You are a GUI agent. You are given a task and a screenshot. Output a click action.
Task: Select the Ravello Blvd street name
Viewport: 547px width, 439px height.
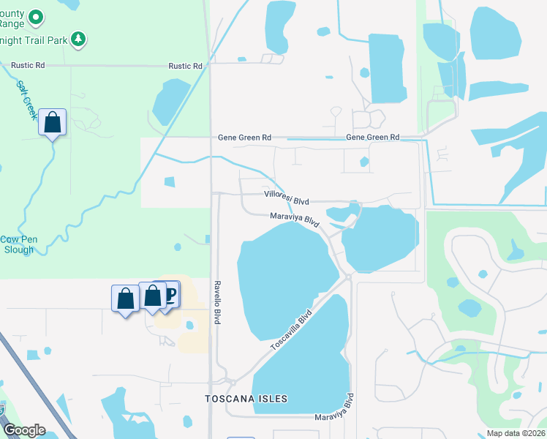pos(217,303)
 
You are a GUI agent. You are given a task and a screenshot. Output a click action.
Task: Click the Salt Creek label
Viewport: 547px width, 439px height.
pos(23,95)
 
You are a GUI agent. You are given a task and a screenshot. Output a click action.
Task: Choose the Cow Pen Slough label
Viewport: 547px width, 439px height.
pos(17,244)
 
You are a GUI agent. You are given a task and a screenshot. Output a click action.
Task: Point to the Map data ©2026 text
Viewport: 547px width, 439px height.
pos(516,433)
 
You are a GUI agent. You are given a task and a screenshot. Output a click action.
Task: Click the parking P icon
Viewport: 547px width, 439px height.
pos(170,294)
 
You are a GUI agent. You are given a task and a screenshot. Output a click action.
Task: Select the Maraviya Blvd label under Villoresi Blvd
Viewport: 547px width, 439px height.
pos(295,218)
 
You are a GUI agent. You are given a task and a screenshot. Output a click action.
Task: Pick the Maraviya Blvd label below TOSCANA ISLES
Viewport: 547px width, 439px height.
pos(335,410)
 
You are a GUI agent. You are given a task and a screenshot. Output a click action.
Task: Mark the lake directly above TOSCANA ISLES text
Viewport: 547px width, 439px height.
pos(300,359)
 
